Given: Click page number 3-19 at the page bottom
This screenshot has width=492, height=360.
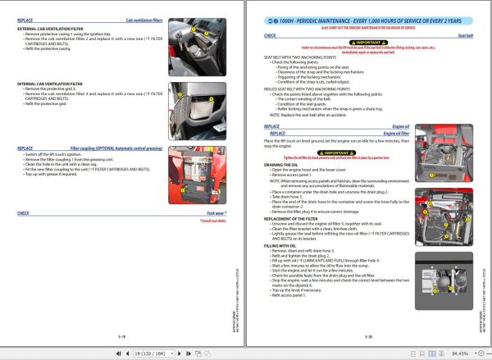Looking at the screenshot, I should point(121,335).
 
